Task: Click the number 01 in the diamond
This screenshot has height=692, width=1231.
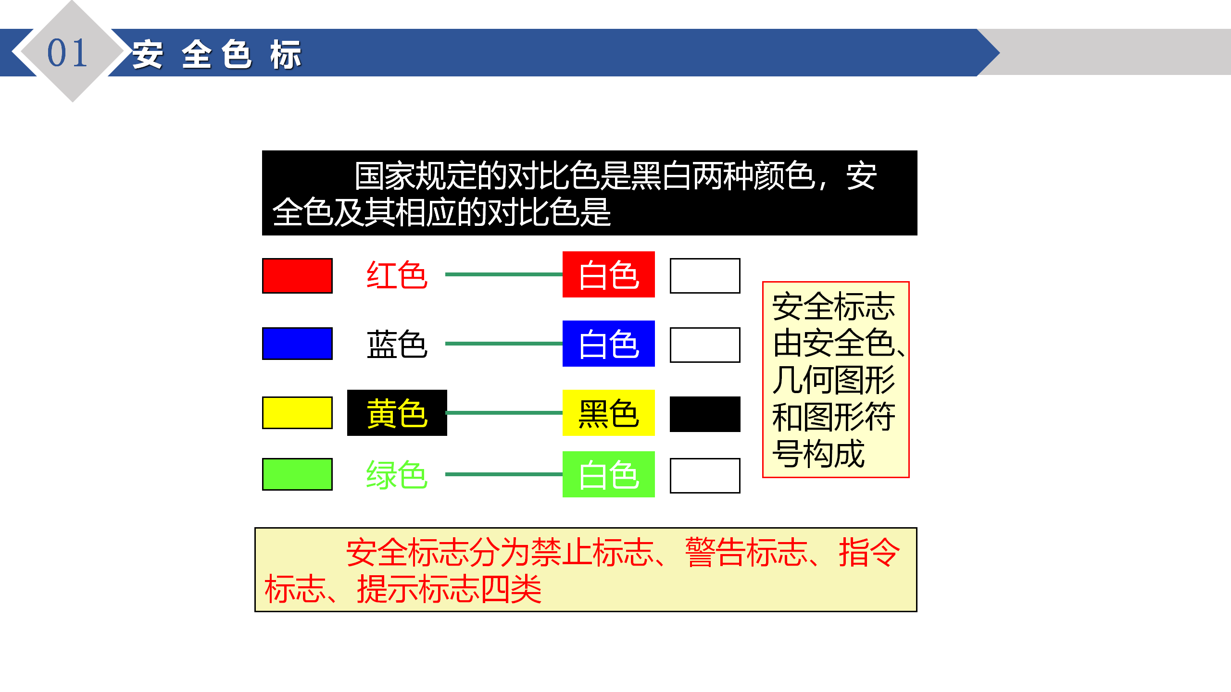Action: [67, 52]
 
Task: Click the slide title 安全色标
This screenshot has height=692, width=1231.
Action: [217, 54]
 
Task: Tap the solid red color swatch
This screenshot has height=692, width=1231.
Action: [297, 276]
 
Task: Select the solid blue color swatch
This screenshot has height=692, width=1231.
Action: [297, 344]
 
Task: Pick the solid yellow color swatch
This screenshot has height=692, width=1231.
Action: [297, 413]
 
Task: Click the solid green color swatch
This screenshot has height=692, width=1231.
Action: [297, 474]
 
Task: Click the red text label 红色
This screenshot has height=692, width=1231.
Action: [397, 275]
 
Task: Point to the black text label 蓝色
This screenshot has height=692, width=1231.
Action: [397, 344]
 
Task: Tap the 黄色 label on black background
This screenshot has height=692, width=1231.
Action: [397, 413]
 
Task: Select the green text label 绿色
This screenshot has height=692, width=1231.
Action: [397, 475]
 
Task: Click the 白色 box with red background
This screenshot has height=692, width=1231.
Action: [609, 274]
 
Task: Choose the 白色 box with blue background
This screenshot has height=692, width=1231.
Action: [609, 344]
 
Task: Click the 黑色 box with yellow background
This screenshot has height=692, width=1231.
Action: [609, 413]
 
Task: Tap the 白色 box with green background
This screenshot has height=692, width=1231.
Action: [609, 474]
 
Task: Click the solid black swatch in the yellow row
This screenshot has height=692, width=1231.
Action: [705, 414]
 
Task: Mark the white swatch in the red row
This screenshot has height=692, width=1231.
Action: [705, 276]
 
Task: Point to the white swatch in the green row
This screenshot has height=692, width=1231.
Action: [705, 476]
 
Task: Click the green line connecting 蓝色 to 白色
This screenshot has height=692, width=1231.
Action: [504, 344]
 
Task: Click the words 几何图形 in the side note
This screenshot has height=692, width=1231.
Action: [833, 380]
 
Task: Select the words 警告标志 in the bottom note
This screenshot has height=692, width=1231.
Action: [746, 552]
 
